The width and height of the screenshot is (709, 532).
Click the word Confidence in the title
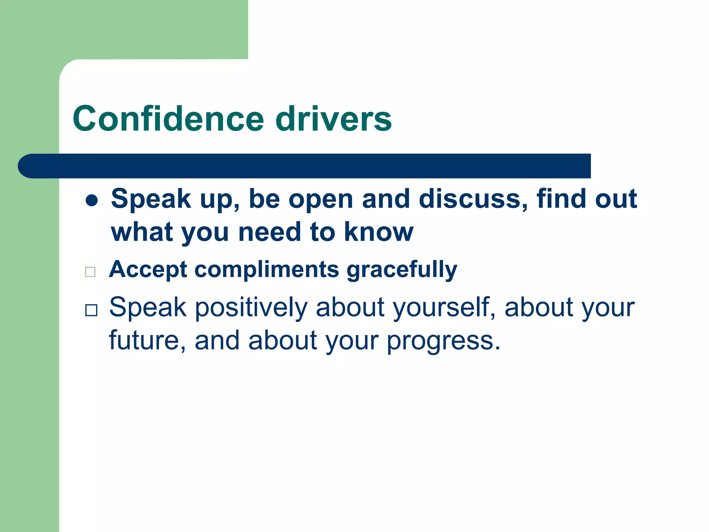(x=168, y=119)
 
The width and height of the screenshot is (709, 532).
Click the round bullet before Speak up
(x=92, y=200)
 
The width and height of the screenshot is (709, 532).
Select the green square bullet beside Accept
(x=90, y=272)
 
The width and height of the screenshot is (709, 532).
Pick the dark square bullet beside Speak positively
(x=91, y=310)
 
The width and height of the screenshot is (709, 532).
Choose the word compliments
(x=267, y=269)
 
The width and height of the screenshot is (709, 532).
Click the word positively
(x=251, y=308)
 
